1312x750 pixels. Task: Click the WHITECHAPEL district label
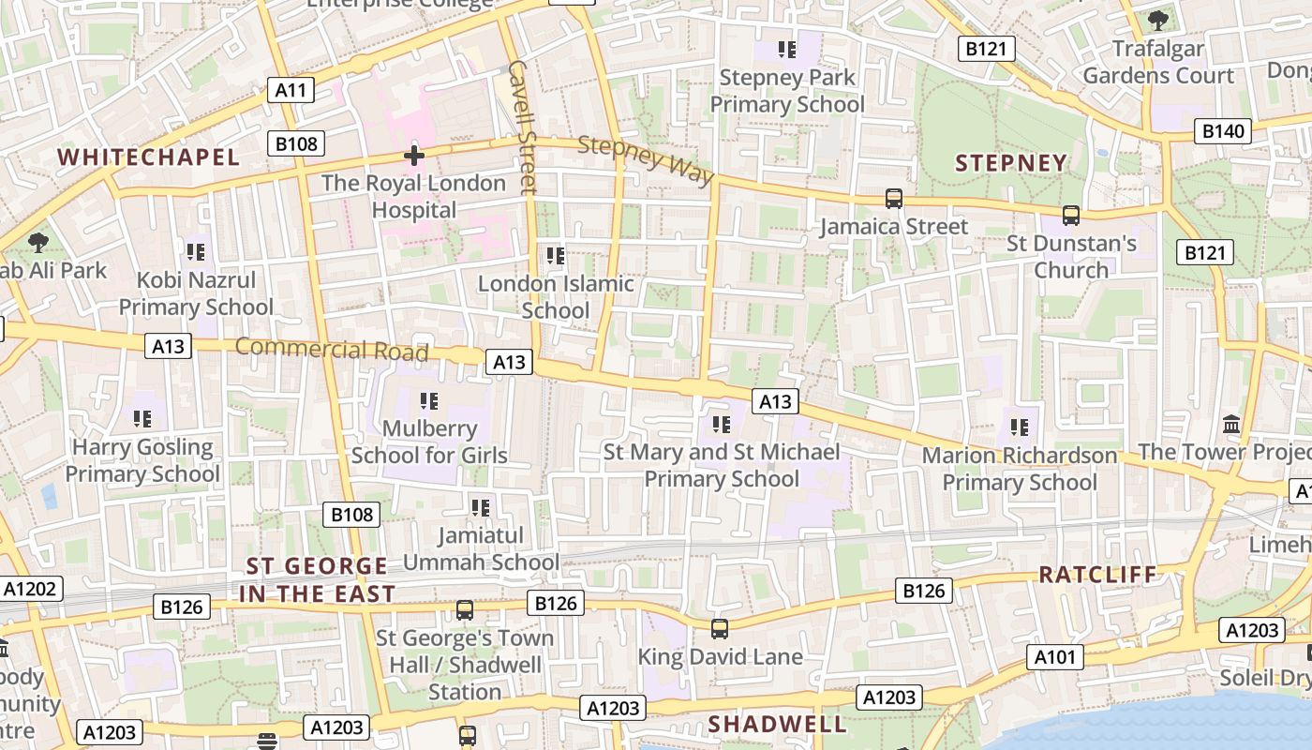149,157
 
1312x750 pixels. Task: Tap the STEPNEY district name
1011,163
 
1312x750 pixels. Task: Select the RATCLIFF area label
1097,574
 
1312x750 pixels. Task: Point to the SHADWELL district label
777,724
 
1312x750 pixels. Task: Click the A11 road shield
291,90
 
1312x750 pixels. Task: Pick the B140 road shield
1223,131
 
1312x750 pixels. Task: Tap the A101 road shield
1054,657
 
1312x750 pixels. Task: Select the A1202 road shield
31,589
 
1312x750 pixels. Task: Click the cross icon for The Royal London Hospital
413,156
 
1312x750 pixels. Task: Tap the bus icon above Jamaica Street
894,199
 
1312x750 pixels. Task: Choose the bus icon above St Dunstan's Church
1071,216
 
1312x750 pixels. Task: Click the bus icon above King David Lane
719,629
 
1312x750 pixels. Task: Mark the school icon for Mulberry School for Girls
429,401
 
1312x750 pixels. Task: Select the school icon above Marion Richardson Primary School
1020,427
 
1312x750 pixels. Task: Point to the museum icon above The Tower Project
1231,424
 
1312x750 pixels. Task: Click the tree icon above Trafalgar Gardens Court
1158,19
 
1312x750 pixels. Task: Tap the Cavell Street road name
521,127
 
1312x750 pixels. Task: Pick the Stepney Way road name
646,160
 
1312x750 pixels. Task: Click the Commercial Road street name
331,349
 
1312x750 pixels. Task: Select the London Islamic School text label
556,296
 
